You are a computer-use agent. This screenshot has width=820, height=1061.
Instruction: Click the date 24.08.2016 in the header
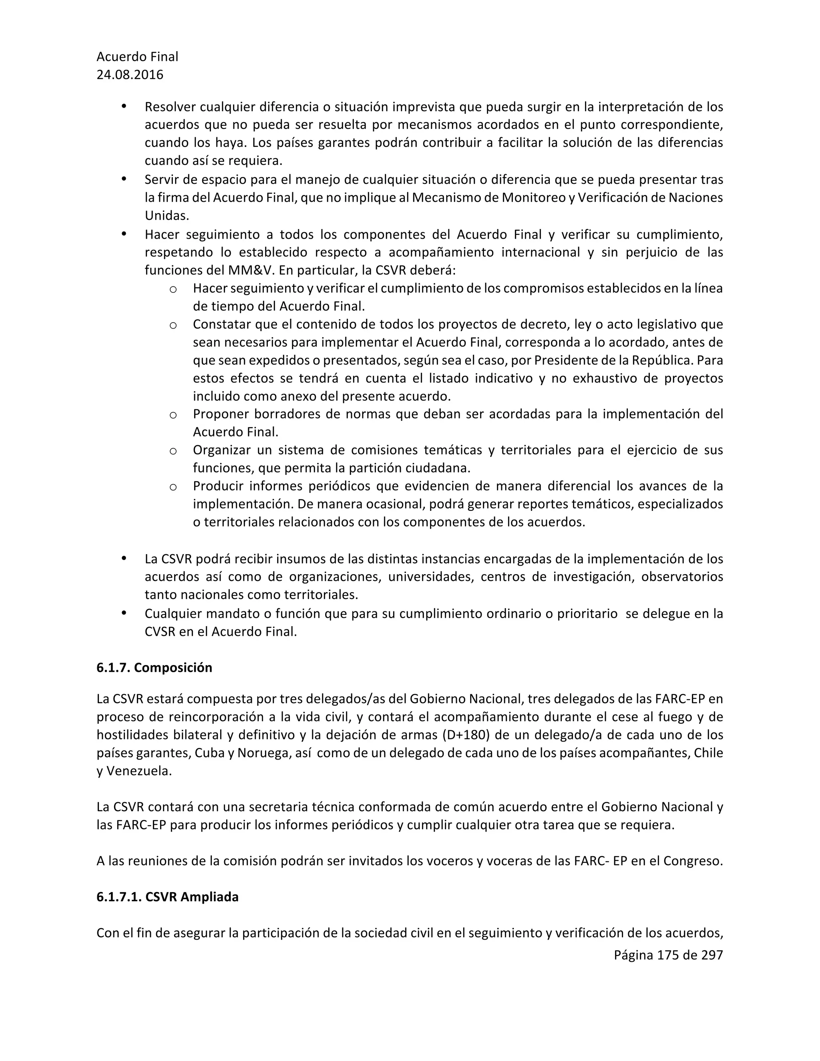click(130, 75)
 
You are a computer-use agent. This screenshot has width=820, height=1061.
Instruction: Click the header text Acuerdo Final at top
click(137, 57)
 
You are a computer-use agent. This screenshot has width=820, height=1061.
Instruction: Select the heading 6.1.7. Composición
click(154, 667)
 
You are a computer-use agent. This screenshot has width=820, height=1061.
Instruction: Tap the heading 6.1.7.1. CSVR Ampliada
click(167, 897)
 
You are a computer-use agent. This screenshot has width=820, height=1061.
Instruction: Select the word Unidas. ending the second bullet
click(167, 216)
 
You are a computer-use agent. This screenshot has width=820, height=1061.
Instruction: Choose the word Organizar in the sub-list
click(221, 450)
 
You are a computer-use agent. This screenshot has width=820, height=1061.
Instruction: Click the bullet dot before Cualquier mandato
click(124, 613)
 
